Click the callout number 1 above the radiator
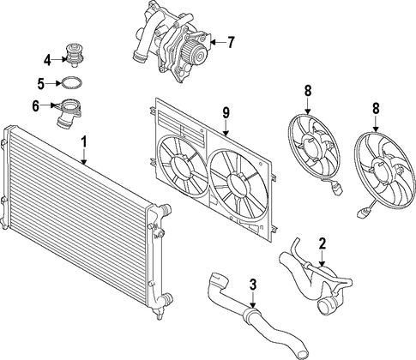click(84, 142)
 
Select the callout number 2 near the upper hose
click(323, 243)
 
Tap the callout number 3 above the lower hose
click(253, 285)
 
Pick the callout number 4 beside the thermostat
click(47, 60)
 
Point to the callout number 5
click(41, 83)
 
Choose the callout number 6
click(35, 105)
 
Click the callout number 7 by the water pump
click(231, 42)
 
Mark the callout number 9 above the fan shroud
click(226, 113)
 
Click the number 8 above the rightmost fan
click(376, 109)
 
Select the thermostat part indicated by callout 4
click(75, 55)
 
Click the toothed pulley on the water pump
click(196, 53)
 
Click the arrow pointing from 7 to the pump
click(218, 42)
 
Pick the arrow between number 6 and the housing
click(47, 105)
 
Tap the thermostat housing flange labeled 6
click(69, 108)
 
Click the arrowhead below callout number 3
click(253, 305)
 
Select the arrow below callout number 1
click(84, 157)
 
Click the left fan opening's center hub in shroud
click(181, 169)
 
